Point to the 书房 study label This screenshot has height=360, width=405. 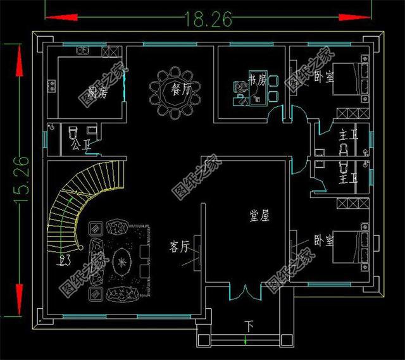pyautogui.click(x=256, y=80)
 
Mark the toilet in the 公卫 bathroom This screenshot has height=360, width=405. pyautogui.click(x=72, y=131)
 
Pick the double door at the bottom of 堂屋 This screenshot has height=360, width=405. pyautogui.click(x=243, y=294)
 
